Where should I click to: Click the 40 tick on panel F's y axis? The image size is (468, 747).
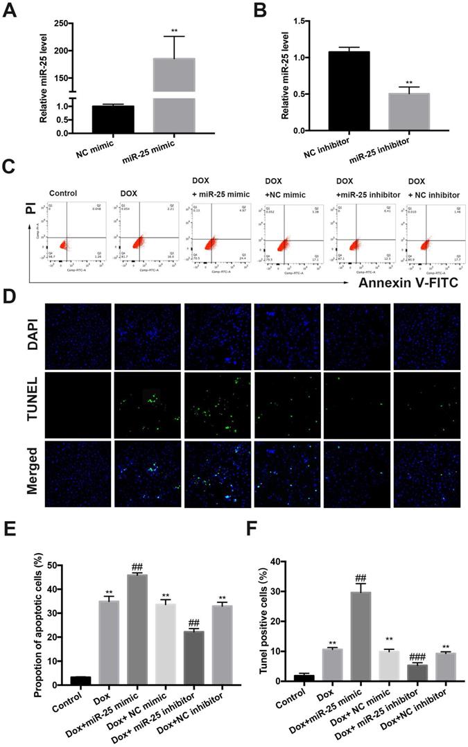[282, 561]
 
